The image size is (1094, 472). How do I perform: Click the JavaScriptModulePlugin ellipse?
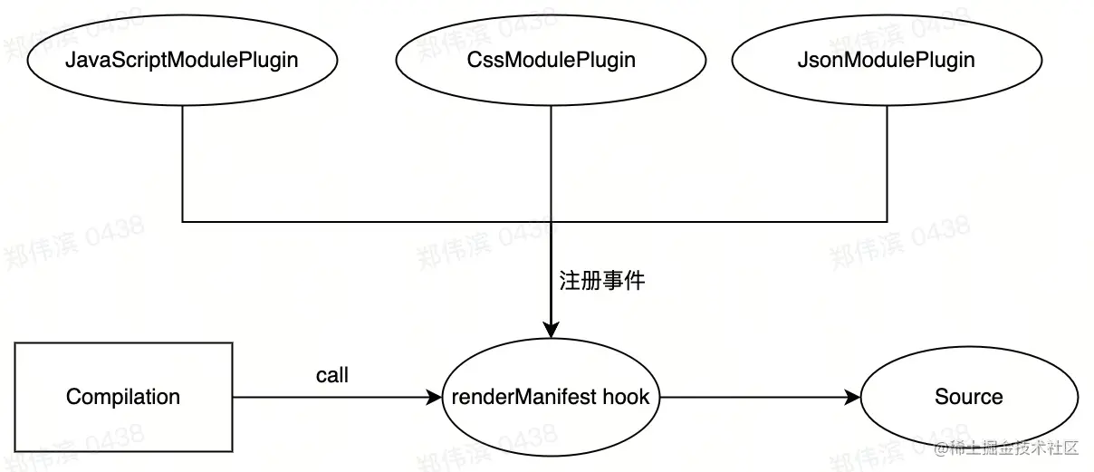[x=182, y=60]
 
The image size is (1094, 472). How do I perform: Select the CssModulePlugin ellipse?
[x=551, y=60]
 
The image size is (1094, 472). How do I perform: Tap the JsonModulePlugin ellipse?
[x=886, y=60]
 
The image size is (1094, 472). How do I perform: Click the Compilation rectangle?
[x=123, y=397]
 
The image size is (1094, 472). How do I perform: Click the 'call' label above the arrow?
[x=331, y=375]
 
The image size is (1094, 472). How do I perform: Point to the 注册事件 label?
[x=601, y=280]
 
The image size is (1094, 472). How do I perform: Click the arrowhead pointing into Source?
[x=852, y=397]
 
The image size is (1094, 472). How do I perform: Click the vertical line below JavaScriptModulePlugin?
[x=182, y=163]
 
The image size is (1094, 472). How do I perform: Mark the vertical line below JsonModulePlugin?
[x=887, y=163]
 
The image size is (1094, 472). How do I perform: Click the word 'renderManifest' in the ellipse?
[x=520, y=397]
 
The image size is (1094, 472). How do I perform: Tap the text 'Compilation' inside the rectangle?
[x=123, y=397]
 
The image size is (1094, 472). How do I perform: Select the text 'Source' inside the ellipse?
[x=968, y=397]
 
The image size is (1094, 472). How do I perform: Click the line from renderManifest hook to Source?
[x=752, y=397]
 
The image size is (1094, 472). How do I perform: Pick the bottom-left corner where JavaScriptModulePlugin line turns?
[x=182, y=221]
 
